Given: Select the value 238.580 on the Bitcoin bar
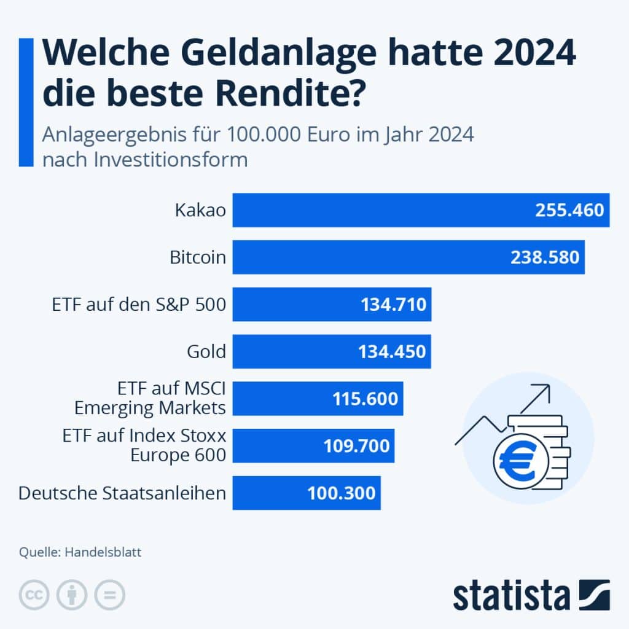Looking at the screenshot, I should coord(545,257).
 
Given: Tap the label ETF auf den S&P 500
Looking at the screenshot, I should coord(139,305).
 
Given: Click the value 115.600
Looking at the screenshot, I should coord(365,399).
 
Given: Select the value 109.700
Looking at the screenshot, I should coord(357,445).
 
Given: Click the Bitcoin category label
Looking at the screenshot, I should coord(198,257).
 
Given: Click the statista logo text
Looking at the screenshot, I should coord(511,596).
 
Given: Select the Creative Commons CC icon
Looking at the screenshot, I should coord(34,595).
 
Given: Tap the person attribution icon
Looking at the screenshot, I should coord(72,595).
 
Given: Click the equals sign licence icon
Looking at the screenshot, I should coord(109,595).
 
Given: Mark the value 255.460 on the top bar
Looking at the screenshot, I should coord(569,210).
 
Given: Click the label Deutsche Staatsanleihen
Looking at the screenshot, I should coord(122,493).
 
